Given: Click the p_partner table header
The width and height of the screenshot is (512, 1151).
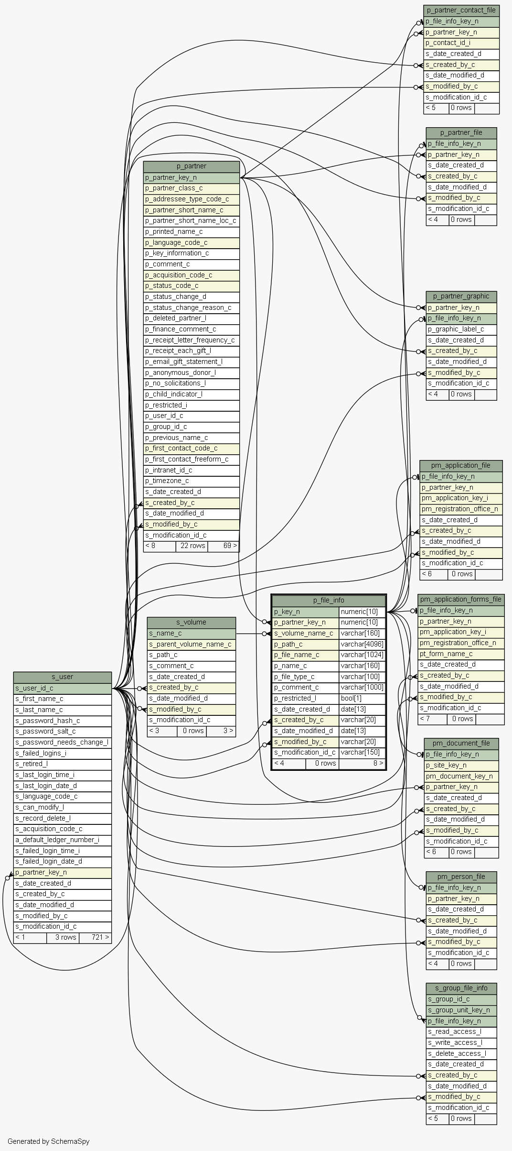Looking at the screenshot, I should click(x=191, y=166).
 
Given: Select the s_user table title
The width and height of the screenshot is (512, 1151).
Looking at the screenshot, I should click(x=63, y=677).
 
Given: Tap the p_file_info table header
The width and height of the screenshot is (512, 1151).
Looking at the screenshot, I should click(x=329, y=600).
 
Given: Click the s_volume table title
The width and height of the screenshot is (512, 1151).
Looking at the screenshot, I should click(x=191, y=622).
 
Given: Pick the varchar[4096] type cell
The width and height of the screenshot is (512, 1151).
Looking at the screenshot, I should click(x=362, y=644).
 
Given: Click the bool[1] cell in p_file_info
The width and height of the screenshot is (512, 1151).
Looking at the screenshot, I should click(x=362, y=698).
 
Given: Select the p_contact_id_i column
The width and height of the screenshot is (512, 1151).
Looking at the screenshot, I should click(x=461, y=43).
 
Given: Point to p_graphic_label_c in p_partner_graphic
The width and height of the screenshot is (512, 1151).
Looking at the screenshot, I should click(x=461, y=329).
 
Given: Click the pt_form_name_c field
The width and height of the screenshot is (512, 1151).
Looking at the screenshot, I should click(x=460, y=654).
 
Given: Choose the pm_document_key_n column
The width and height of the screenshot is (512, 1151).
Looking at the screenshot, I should click(x=461, y=776).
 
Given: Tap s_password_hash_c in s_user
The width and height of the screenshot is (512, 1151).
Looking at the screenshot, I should click(x=63, y=721).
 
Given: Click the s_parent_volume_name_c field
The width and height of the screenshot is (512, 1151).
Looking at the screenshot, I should click(x=191, y=644).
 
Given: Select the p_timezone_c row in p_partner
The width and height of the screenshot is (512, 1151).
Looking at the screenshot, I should click(x=191, y=481).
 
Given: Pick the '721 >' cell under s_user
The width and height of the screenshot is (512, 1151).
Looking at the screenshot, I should click(x=96, y=937).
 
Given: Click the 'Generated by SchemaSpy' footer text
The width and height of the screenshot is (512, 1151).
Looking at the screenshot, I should click(x=48, y=1141).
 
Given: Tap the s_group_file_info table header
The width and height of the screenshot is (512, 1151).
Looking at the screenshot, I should click(x=461, y=988).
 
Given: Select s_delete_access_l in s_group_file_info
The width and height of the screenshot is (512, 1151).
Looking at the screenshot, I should click(x=461, y=1053).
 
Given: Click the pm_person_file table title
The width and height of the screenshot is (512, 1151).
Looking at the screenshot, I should click(x=461, y=877).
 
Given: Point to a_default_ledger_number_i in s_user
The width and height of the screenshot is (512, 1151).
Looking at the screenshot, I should click(x=63, y=840).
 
